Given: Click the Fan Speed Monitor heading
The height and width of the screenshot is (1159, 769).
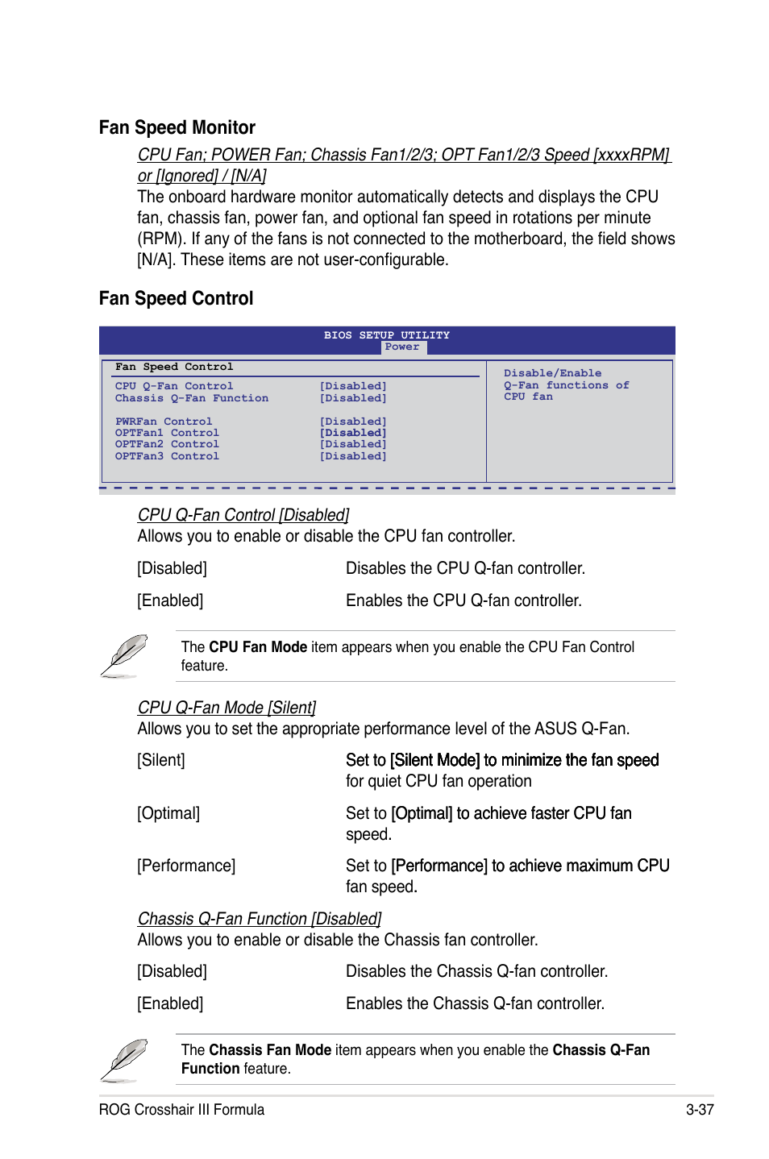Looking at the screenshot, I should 177,127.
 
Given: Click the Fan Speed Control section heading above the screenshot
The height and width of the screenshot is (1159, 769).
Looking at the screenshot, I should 176,298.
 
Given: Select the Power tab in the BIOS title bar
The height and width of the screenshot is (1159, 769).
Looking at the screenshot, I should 402,347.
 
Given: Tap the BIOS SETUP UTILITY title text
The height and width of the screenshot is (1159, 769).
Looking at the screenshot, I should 387,335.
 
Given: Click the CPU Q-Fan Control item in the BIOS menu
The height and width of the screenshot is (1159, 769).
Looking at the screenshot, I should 174,386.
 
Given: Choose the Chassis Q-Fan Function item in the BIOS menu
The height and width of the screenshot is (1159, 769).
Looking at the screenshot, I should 192,398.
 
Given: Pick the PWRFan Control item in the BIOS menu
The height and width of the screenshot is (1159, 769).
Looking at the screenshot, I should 164,422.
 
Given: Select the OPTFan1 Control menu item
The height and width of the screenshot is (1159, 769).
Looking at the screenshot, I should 167,433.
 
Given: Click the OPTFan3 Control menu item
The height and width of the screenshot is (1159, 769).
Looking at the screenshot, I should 167,456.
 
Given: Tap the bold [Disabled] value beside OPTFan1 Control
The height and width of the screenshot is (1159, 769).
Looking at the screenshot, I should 353,433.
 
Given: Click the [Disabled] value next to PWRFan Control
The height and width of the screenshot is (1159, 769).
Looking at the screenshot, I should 353,422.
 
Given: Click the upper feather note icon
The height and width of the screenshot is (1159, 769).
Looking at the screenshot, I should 124,655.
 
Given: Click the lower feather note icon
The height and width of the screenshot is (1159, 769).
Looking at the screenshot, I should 124,1060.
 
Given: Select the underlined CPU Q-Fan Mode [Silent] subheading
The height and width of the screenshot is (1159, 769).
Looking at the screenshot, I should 227,708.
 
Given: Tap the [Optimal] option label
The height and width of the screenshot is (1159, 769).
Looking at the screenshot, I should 168,813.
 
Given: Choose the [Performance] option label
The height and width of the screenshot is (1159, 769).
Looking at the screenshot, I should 186,866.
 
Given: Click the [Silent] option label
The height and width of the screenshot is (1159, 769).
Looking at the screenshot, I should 161,760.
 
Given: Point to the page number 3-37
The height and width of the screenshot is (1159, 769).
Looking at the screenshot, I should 700,1110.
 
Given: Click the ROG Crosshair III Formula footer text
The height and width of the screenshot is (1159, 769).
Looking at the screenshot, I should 181,1110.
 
